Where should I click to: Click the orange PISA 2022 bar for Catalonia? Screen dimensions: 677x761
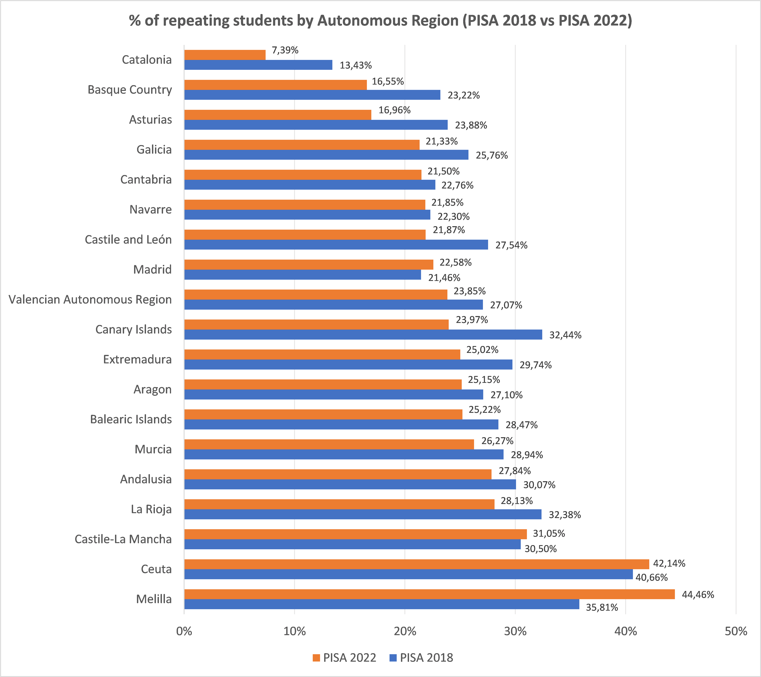(x=225, y=55)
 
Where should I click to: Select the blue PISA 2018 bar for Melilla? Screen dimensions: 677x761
(x=382, y=604)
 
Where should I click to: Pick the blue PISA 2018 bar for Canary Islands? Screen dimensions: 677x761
(x=363, y=335)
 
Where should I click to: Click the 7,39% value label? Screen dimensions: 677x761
(x=285, y=50)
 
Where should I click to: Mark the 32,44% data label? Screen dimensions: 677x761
(x=565, y=335)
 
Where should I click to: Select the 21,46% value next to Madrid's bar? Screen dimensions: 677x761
(x=444, y=278)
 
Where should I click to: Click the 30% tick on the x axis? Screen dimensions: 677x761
(x=515, y=631)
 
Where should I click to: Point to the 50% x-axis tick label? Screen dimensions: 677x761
(x=736, y=631)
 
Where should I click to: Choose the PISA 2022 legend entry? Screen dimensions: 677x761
(x=344, y=658)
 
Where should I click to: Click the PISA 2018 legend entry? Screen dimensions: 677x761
(x=421, y=658)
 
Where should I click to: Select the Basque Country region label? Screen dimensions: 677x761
(x=130, y=90)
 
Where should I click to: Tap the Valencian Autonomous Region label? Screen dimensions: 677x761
(x=90, y=300)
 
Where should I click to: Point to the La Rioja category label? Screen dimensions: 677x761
(x=151, y=509)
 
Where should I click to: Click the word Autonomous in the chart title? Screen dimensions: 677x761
(x=388, y=20)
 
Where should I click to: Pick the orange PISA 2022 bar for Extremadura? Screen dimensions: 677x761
(x=322, y=354)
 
